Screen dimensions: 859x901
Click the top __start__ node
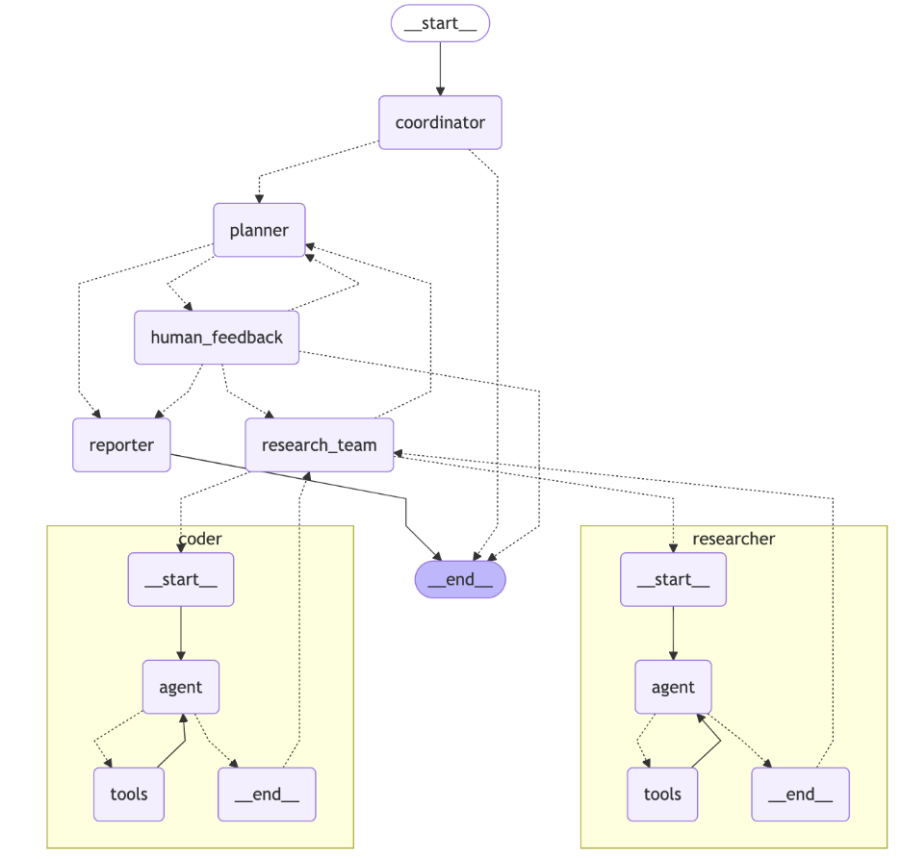pyautogui.click(x=440, y=23)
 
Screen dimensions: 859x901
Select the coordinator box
pyautogui.click(x=440, y=123)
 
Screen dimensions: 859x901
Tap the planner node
pyautogui.click(x=259, y=230)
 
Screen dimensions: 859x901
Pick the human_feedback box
pyautogui.click(x=217, y=338)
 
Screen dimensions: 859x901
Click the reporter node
pyautogui.click(x=121, y=445)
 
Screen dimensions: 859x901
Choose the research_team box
pyautogui.click(x=320, y=445)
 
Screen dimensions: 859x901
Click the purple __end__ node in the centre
pyautogui.click(x=460, y=579)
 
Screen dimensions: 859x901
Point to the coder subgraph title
pyautogui.click(x=200, y=538)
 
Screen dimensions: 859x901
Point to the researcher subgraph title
pyautogui.click(x=734, y=538)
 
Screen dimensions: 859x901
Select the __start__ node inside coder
pyautogui.click(x=181, y=579)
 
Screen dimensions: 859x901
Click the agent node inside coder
pyautogui.click(x=181, y=687)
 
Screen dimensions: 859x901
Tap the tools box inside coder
pyautogui.click(x=128, y=795)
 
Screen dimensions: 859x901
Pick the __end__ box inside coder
pyautogui.click(x=267, y=795)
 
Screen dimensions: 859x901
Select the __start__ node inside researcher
pyautogui.click(x=673, y=579)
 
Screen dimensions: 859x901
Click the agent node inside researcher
pyautogui.click(x=673, y=687)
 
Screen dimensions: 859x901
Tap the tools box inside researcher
pyautogui.click(x=662, y=795)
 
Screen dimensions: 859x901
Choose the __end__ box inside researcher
pyautogui.click(x=800, y=795)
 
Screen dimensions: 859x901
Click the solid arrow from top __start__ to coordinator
pyautogui.click(x=440, y=68)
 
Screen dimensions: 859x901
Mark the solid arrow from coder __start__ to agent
pyautogui.click(x=181, y=633)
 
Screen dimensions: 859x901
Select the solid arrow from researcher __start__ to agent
pyautogui.click(x=673, y=633)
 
